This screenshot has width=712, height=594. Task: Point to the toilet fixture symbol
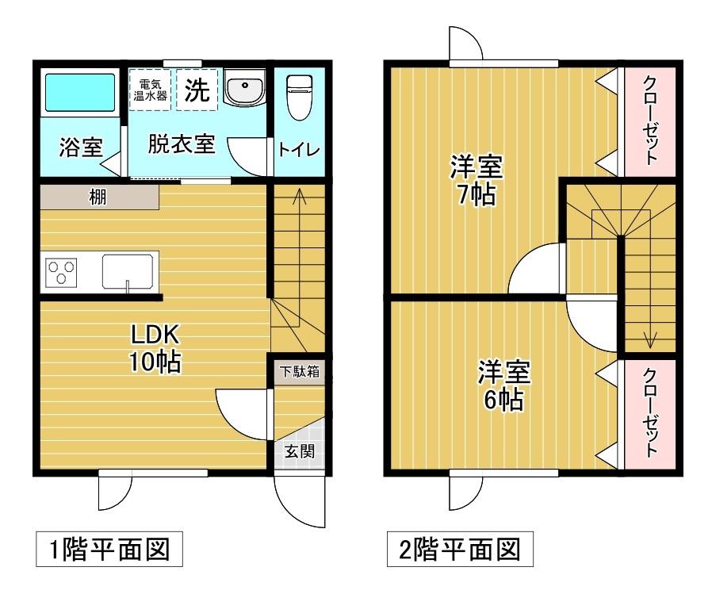point(297,96)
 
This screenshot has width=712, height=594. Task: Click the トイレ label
point(298,149)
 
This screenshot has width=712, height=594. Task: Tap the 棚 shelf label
point(98,197)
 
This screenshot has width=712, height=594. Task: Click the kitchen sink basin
point(129,272)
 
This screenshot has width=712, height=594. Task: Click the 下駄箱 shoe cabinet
point(298,372)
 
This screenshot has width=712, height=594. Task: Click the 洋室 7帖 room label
point(476,180)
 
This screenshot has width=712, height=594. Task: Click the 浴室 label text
point(81,148)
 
